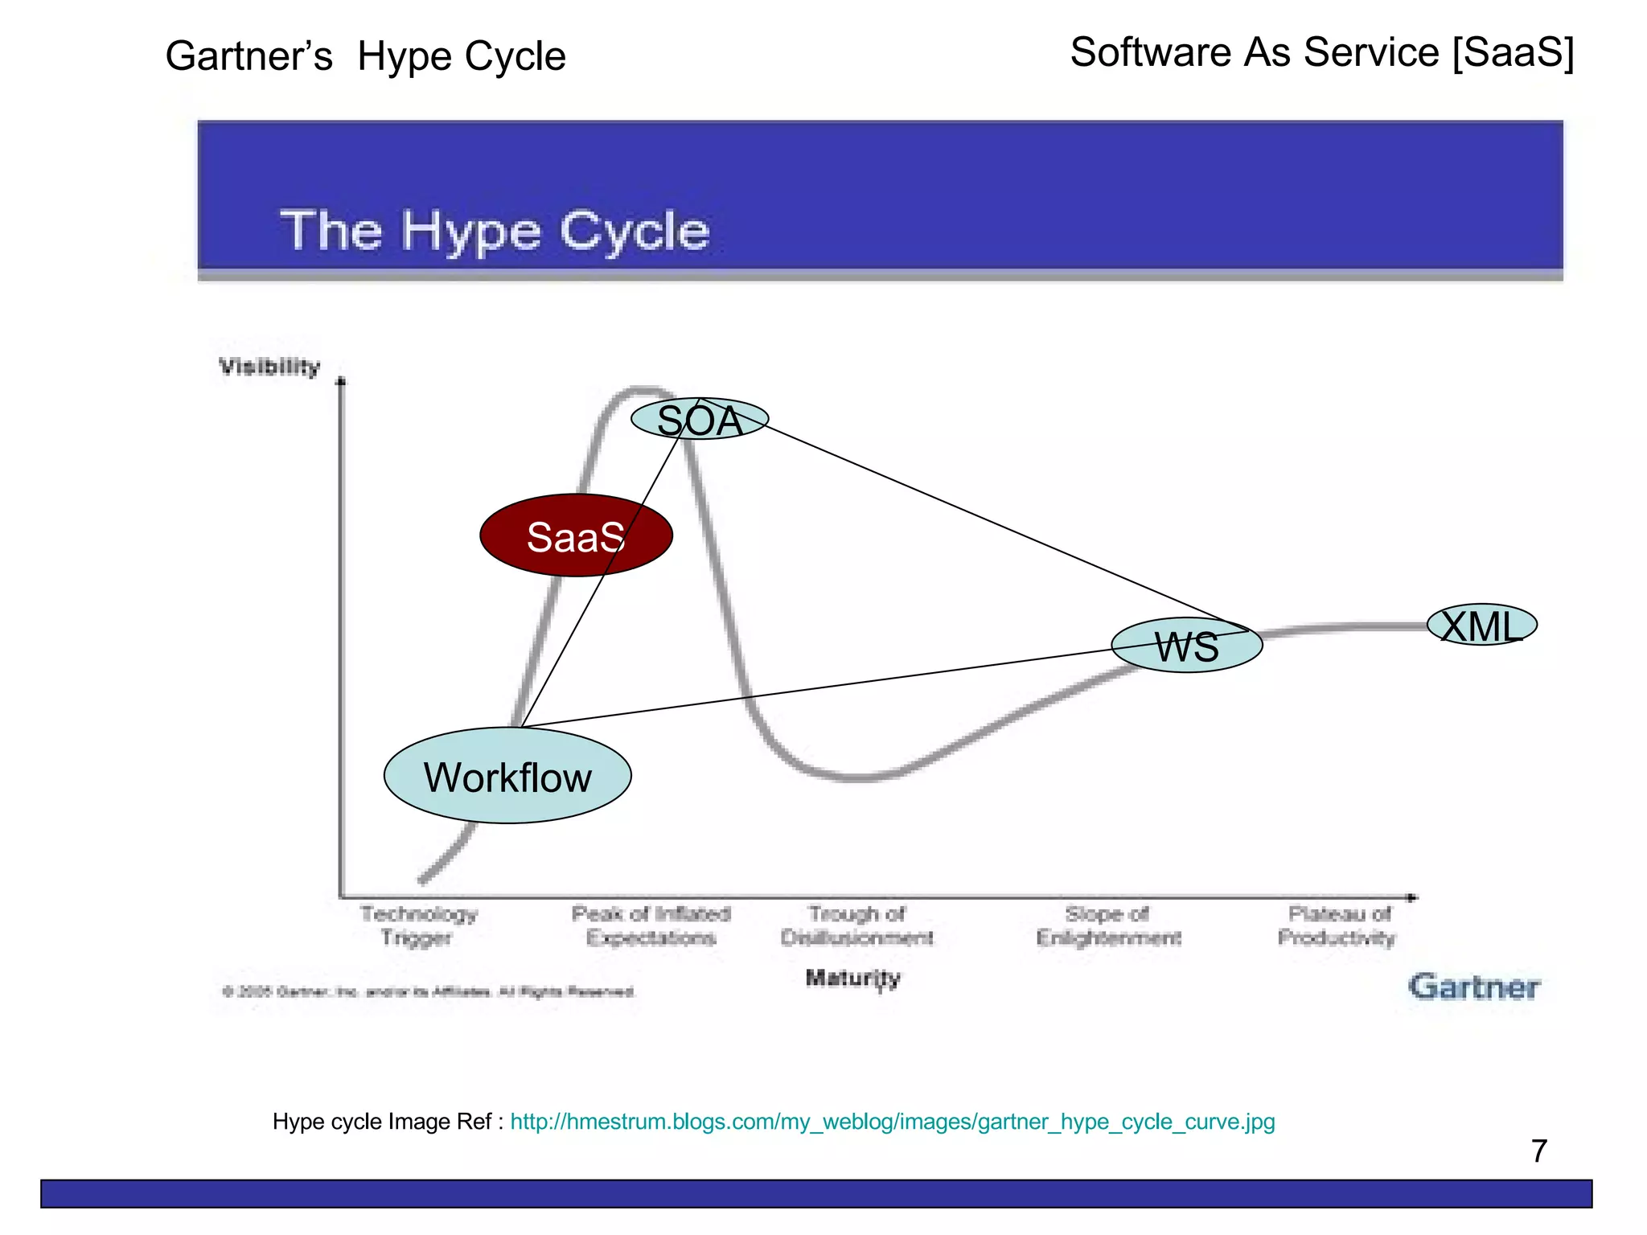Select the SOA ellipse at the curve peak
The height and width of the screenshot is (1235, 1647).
[x=700, y=419]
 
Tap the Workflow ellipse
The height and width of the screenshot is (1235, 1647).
[x=507, y=776]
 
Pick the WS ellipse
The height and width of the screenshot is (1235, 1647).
[x=1187, y=646]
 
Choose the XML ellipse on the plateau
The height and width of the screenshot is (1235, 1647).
[x=1481, y=625]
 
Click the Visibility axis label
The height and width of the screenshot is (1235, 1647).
[x=269, y=367]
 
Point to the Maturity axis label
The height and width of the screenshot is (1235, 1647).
[x=852, y=978]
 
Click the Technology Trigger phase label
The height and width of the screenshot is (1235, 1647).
[x=418, y=925]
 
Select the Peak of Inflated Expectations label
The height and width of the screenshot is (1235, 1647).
[x=651, y=925]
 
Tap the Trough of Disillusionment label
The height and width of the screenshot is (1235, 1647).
[x=856, y=925]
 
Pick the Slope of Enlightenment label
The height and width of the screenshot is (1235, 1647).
[x=1108, y=925]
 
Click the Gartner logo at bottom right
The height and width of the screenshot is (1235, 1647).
[x=1473, y=987]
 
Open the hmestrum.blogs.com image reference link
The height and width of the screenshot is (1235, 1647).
[x=892, y=1122]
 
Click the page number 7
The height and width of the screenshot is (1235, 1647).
[x=1538, y=1151]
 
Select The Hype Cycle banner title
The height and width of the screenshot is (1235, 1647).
[x=495, y=231]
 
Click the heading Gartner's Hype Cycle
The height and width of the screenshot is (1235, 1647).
[x=366, y=56]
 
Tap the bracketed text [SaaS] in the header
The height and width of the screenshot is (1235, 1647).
[x=1513, y=52]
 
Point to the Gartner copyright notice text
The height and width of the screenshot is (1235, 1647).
[x=429, y=991]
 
